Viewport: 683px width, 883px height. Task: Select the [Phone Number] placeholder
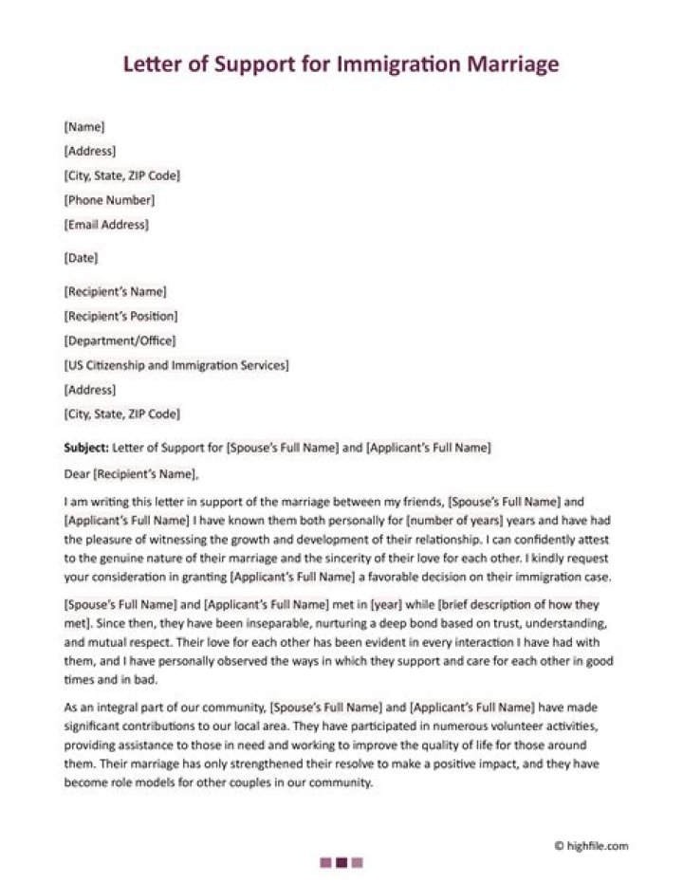[109, 200]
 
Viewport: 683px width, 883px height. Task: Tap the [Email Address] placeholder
[106, 225]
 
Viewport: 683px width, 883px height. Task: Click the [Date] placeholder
[81, 258]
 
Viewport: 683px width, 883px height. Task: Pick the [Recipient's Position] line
[120, 316]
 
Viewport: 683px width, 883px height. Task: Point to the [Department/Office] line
[120, 340]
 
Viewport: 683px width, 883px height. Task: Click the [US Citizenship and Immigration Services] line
[176, 365]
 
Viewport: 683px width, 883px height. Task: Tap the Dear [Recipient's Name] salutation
[132, 473]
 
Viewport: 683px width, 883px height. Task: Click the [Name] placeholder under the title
[83, 126]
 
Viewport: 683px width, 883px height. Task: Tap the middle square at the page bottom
[341, 862]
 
